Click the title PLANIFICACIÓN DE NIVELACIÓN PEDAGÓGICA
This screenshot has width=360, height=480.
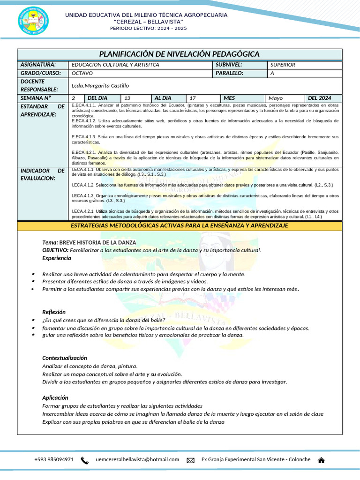(x=179, y=54)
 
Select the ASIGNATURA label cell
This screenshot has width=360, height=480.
(x=38, y=65)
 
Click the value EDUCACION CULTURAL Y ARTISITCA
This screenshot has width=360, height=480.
(x=115, y=65)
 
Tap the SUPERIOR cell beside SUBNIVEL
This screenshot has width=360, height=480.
(x=283, y=65)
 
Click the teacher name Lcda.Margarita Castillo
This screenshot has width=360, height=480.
(x=100, y=85)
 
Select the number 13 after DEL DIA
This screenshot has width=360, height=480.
(x=127, y=98)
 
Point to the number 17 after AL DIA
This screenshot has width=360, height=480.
(x=192, y=98)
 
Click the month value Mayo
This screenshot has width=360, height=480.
(x=276, y=98)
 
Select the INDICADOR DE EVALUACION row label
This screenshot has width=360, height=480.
(x=42, y=174)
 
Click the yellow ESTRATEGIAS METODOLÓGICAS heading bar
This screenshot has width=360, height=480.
(x=180, y=226)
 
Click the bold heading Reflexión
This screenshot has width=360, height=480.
(x=54, y=312)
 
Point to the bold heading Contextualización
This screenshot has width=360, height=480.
(x=65, y=358)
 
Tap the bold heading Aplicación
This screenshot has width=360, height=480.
(x=55, y=398)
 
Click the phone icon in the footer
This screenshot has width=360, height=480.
(x=85, y=460)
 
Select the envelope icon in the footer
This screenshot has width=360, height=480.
(x=190, y=460)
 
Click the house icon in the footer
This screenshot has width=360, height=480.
(x=322, y=460)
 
